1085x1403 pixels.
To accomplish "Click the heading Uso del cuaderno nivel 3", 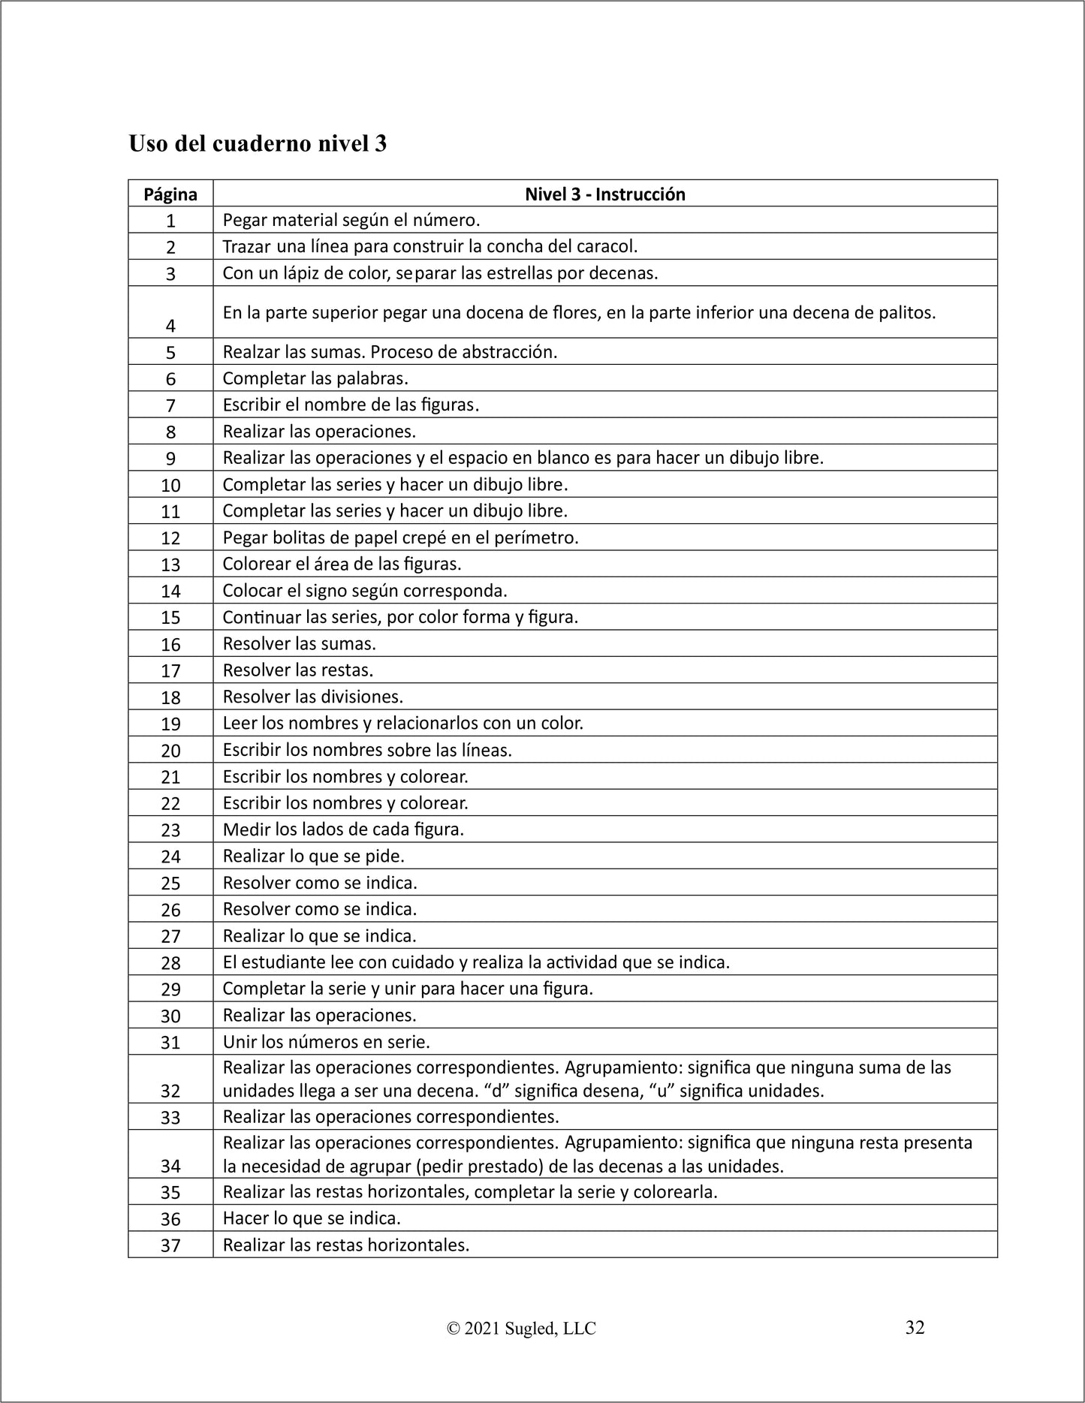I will pyautogui.click(x=258, y=143).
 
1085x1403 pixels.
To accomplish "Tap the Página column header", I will pyautogui.click(x=170, y=194).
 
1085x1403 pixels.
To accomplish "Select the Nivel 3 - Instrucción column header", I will pyautogui.click(x=604, y=194).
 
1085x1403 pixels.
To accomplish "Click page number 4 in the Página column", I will pyautogui.click(x=170, y=326).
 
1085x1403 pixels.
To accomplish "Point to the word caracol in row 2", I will pyautogui.click(x=608, y=246).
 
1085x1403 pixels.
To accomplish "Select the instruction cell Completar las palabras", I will pyautogui.click(x=315, y=378).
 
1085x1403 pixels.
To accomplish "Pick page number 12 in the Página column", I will pyautogui.click(x=170, y=538).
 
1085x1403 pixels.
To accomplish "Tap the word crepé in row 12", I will pyautogui.click(x=427, y=537).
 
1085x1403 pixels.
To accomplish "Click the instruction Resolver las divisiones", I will pyautogui.click(x=312, y=697).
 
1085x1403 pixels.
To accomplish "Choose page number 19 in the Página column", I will pyautogui.click(x=170, y=724).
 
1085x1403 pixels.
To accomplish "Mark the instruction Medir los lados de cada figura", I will pyautogui.click(x=343, y=829).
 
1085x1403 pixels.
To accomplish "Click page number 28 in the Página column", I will pyautogui.click(x=170, y=963).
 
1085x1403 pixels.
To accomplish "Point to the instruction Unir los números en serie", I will pyautogui.click(x=326, y=1042).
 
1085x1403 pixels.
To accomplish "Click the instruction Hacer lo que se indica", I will pyautogui.click(x=312, y=1218).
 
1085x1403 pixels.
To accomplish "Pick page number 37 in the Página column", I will pyautogui.click(x=170, y=1246).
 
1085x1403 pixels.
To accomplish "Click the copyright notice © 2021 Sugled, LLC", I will pyautogui.click(x=521, y=1329).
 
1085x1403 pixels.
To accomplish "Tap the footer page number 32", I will pyautogui.click(x=915, y=1327).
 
